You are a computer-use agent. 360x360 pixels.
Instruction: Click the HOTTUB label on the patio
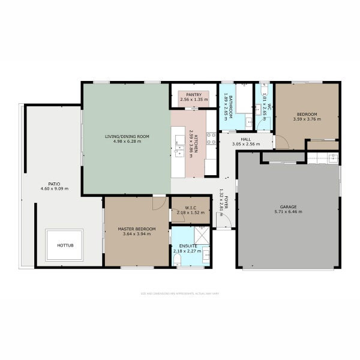(x=64, y=245)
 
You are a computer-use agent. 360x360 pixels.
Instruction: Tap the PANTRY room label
(x=193, y=94)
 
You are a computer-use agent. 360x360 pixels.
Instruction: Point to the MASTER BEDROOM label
(x=136, y=229)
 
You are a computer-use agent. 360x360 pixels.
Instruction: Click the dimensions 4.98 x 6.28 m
(x=127, y=142)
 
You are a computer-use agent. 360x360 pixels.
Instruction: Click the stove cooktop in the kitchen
(x=211, y=138)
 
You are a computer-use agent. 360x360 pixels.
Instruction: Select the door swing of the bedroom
(x=281, y=142)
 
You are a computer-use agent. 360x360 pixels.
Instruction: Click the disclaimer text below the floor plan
(x=179, y=294)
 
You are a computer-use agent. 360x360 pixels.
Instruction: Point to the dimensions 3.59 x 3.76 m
(x=307, y=119)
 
